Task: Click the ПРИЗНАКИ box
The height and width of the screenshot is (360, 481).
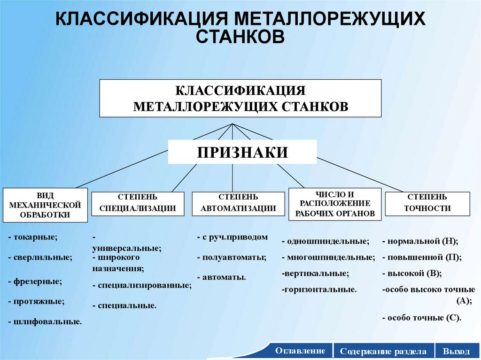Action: click(242, 152)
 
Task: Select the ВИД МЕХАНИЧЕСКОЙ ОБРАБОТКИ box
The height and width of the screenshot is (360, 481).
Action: click(46, 205)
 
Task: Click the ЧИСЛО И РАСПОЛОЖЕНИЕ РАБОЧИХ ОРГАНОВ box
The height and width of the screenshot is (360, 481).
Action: click(335, 204)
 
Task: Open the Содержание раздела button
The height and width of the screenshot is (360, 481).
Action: click(383, 351)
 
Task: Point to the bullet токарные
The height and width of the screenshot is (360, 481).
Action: click(33, 237)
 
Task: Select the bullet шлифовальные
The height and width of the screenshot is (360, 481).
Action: click(45, 322)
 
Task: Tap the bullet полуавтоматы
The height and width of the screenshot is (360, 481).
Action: click(232, 257)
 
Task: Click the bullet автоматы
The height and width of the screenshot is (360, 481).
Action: click(222, 277)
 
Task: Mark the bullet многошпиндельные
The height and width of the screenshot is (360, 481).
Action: click(328, 257)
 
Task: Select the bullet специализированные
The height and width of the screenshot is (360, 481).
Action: click(142, 285)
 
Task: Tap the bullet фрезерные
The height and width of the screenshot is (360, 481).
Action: click(35, 282)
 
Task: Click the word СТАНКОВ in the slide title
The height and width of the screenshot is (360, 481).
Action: click(240, 36)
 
